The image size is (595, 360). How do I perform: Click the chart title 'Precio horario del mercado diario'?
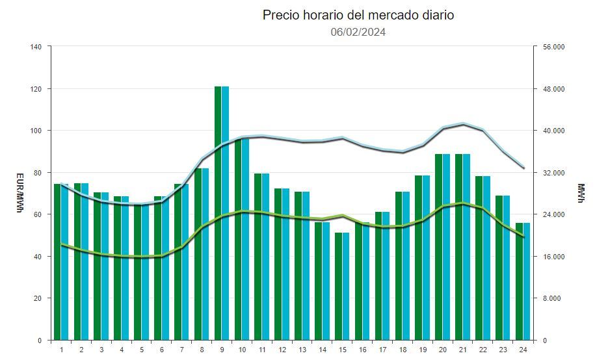coord(358,15)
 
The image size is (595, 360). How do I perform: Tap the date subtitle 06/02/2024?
coord(358,32)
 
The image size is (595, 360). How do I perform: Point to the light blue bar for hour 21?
coord(466,247)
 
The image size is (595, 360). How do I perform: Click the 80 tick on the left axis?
coord(38,173)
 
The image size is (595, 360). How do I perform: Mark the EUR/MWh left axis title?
coord(19,193)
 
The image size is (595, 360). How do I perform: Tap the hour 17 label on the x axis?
coord(382,350)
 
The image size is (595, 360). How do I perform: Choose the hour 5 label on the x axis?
coord(141,350)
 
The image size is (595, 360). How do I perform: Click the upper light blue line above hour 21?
coord(463,123)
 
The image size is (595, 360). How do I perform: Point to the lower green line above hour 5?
coord(141,257)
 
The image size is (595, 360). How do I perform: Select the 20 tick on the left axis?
coord(38,298)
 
